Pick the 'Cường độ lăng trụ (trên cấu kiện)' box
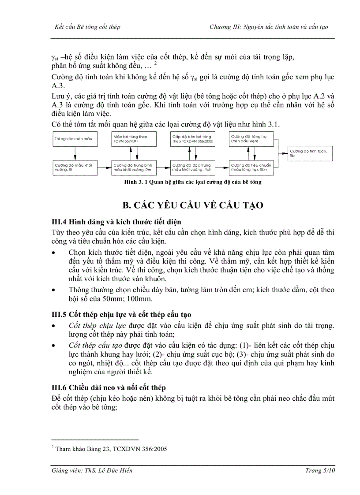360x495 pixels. tap(248, 139)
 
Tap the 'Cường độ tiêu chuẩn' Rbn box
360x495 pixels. tap(248, 167)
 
